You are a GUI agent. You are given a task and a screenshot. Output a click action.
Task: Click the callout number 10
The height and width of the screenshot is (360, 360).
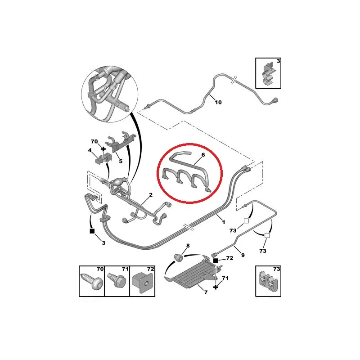pos(218,102)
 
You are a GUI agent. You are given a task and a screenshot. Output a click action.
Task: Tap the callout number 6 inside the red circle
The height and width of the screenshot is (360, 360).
pos(203,155)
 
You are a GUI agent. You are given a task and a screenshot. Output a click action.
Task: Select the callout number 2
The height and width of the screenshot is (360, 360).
pos(151,195)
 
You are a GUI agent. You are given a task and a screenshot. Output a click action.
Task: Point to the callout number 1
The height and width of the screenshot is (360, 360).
pos(223,222)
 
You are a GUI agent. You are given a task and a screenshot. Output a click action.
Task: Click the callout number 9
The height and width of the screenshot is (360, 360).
pos(243,255)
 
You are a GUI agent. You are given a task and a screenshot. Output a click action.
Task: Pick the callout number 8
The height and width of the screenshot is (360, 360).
pos(188,246)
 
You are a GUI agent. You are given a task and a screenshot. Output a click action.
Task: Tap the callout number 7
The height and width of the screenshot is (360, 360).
pos(206,292)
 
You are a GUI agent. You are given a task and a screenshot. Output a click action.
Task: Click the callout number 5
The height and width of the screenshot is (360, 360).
pos(121,161)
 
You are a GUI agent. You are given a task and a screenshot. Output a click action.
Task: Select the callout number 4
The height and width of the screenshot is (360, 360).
pos(90,150)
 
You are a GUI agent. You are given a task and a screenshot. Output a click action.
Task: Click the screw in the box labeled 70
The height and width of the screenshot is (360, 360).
pos(92,282)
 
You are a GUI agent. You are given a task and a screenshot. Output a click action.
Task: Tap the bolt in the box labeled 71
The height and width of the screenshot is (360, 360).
pos(117,280)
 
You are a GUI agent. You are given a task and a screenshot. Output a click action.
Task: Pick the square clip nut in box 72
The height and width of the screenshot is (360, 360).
pos(142,283)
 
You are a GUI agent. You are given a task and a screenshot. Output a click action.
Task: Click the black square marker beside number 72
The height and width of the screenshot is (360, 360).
pos(216,261)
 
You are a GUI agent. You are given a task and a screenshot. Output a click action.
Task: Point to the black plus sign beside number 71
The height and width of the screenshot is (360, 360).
pos(216,287)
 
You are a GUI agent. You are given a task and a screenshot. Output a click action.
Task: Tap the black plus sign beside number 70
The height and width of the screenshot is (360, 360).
pos(103,149)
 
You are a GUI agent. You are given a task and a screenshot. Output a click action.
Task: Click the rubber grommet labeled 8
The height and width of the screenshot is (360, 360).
pos(178,257)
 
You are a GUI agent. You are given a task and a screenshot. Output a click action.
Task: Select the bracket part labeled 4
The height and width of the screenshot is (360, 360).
pos(103,158)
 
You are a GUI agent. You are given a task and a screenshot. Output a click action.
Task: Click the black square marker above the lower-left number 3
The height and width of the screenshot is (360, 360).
pos(92,231)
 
